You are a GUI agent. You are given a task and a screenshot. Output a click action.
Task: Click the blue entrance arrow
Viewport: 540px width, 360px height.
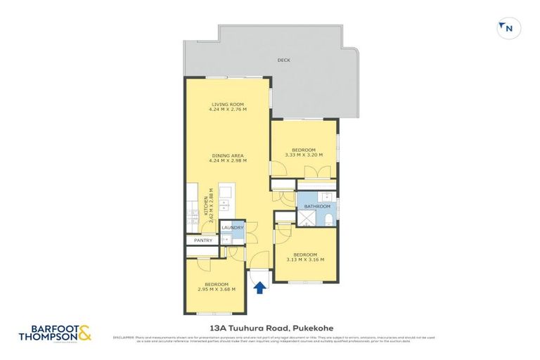pos(259,287)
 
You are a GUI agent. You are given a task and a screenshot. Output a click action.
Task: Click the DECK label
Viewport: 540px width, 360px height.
pos(283,60)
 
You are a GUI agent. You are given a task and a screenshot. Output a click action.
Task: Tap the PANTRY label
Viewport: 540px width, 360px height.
pos(203,240)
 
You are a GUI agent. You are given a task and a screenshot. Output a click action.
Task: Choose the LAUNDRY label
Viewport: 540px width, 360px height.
pos(232,228)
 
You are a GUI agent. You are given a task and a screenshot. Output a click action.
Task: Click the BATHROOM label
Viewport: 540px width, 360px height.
pos(317,207)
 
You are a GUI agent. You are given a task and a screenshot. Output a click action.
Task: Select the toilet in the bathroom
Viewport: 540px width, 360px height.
pos(329,220)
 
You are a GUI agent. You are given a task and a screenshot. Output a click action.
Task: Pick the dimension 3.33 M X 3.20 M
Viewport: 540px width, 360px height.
pos(304,155)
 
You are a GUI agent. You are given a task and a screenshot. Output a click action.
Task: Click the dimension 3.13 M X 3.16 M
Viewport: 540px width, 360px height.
pos(306,259)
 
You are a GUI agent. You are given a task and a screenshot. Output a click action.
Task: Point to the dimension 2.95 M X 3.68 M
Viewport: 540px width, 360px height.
pos(217,288)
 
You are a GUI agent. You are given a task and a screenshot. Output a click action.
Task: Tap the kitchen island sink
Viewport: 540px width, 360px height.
pos(224,204)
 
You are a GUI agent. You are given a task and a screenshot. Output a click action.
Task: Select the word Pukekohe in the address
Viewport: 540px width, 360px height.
pos(314,327)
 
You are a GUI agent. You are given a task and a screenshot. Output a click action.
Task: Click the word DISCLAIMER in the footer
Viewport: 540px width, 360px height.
pos(122,337)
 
